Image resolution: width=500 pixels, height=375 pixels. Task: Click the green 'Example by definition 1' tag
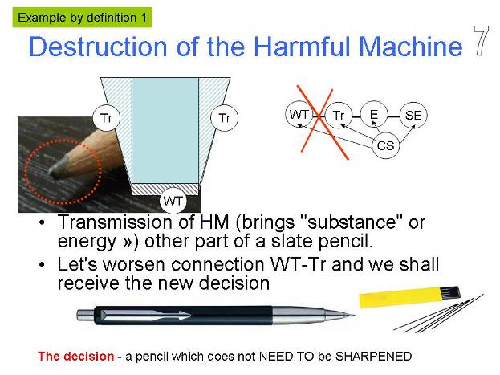pyautogui.click(x=83, y=18)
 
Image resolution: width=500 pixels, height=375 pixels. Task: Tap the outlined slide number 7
pyautogui.click(x=482, y=40)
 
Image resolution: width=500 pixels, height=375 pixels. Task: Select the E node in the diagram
pyautogui.click(x=374, y=115)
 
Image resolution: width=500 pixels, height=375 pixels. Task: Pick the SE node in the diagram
pyautogui.click(x=413, y=115)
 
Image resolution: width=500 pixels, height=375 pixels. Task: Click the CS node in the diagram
pyautogui.click(x=385, y=145)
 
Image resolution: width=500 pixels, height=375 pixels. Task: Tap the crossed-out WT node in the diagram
pyautogui.click(x=299, y=114)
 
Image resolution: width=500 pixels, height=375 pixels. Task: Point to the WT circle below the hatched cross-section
pyautogui.click(x=173, y=201)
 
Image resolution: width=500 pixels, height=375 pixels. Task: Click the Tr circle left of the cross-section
pyautogui.click(x=106, y=118)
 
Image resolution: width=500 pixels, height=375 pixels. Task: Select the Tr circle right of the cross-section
pyautogui.click(x=225, y=118)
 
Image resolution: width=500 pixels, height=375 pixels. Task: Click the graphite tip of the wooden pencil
pyautogui.click(x=58, y=168)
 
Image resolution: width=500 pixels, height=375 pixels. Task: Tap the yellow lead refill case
pyautogui.click(x=410, y=296)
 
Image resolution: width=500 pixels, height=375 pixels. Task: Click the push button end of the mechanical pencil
pyautogui.click(x=85, y=315)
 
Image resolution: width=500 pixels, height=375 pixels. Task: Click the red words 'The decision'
pyautogui.click(x=75, y=357)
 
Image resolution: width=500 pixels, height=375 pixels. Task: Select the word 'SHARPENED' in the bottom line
pyautogui.click(x=374, y=357)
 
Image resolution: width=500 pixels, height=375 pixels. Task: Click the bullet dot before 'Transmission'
pyautogui.click(x=42, y=222)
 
